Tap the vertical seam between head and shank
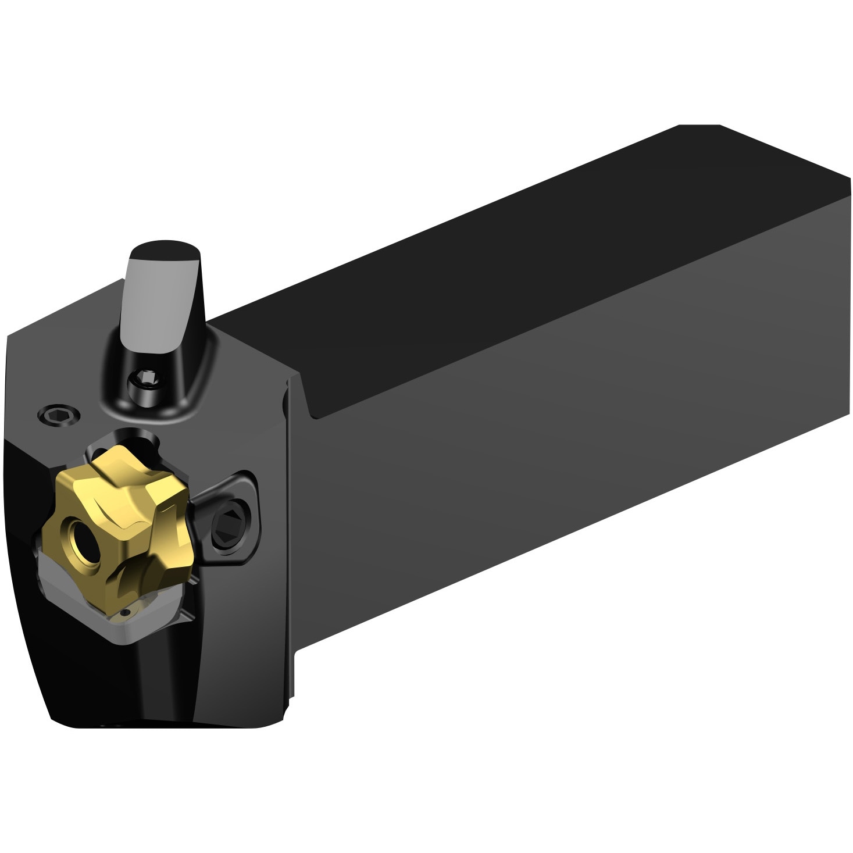click(286, 523)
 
